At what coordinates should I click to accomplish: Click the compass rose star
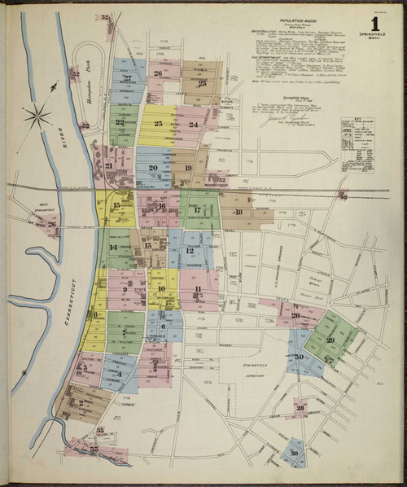[x=37, y=116]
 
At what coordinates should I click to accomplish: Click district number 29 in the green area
[x=330, y=340]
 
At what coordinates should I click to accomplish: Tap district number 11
[x=197, y=289]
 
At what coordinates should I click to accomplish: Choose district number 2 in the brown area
[x=81, y=401]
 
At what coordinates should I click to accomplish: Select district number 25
[x=202, y=82]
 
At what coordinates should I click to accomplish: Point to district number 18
[x=238, y=213]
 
